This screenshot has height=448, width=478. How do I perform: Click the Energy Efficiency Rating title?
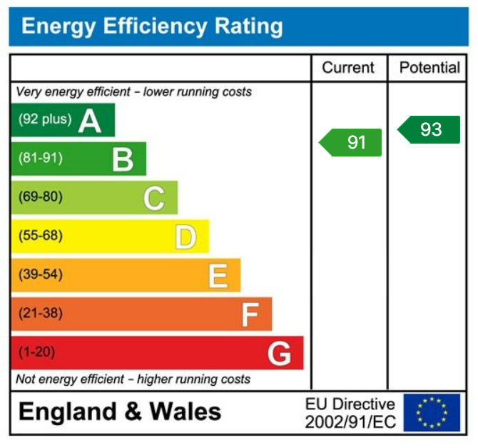point(152,27)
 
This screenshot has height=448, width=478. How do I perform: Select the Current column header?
point(348,68)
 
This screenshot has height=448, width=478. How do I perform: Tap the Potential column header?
point(429,68)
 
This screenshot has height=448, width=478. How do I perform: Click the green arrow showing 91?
point(351,142)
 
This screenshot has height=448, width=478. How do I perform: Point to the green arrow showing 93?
point(429,129)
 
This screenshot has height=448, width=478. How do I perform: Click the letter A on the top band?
point(91,121)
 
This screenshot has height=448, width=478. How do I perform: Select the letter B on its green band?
point(123,159)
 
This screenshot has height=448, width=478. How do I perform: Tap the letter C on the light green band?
point(154,198)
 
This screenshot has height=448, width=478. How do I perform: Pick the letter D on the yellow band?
point(185,237)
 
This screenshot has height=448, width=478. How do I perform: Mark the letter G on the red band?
point(280,353)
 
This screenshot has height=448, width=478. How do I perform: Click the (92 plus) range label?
point(46,119)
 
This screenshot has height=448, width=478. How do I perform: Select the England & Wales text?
point(120,412)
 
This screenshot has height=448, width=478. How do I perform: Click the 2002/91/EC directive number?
point(350,422)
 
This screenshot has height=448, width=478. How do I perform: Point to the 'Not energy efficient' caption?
point(133,379)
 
